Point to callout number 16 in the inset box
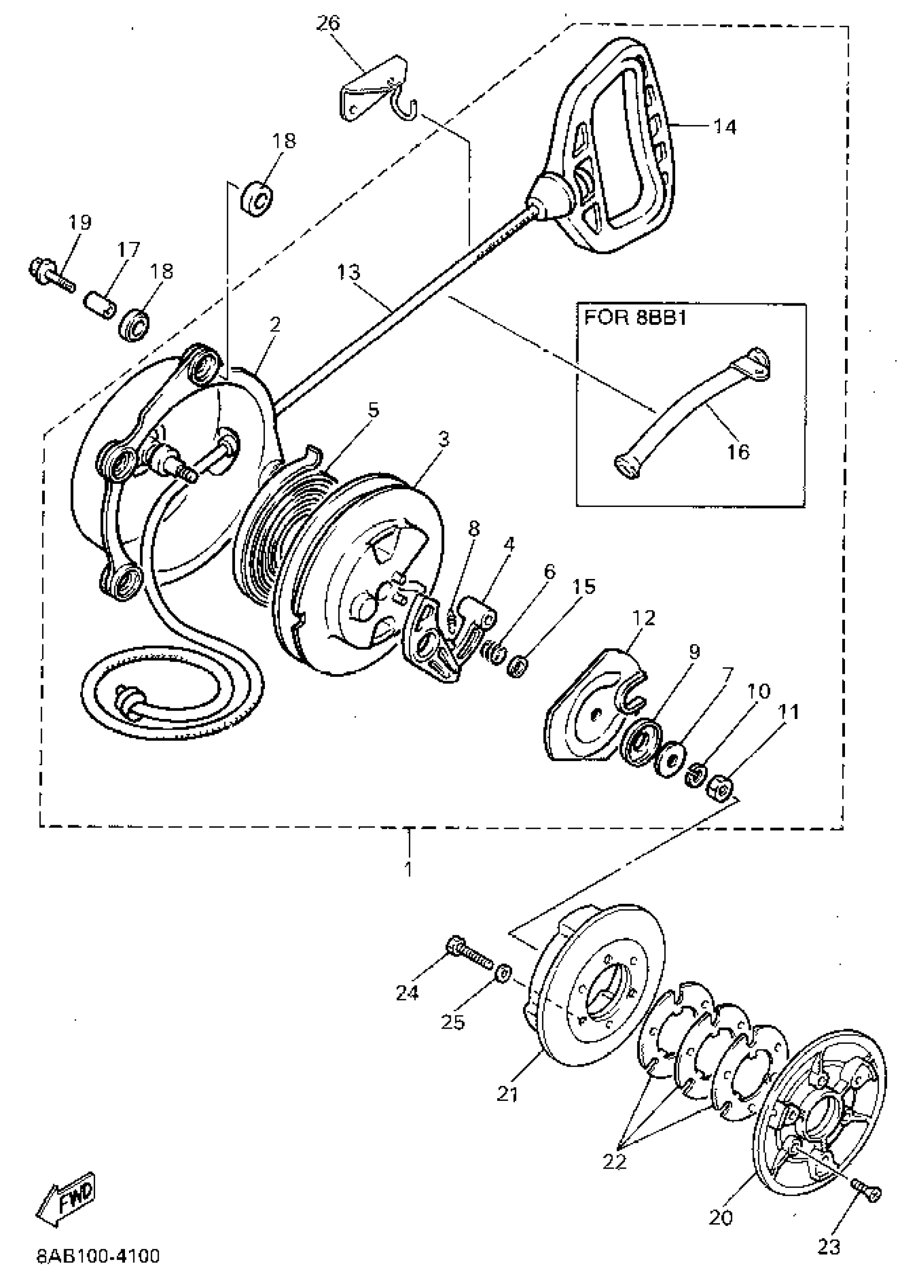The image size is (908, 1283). [738, 451]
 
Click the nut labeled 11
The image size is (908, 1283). [720, 789]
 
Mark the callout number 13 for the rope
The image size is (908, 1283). [348, 273]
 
